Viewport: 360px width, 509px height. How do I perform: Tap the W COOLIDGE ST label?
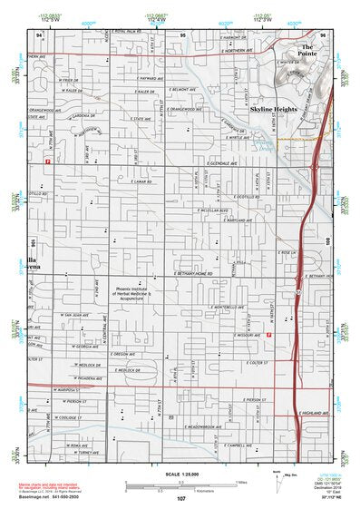click(x=68, y=416)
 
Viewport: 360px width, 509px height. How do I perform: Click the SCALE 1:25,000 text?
click(x=180, y=474)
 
